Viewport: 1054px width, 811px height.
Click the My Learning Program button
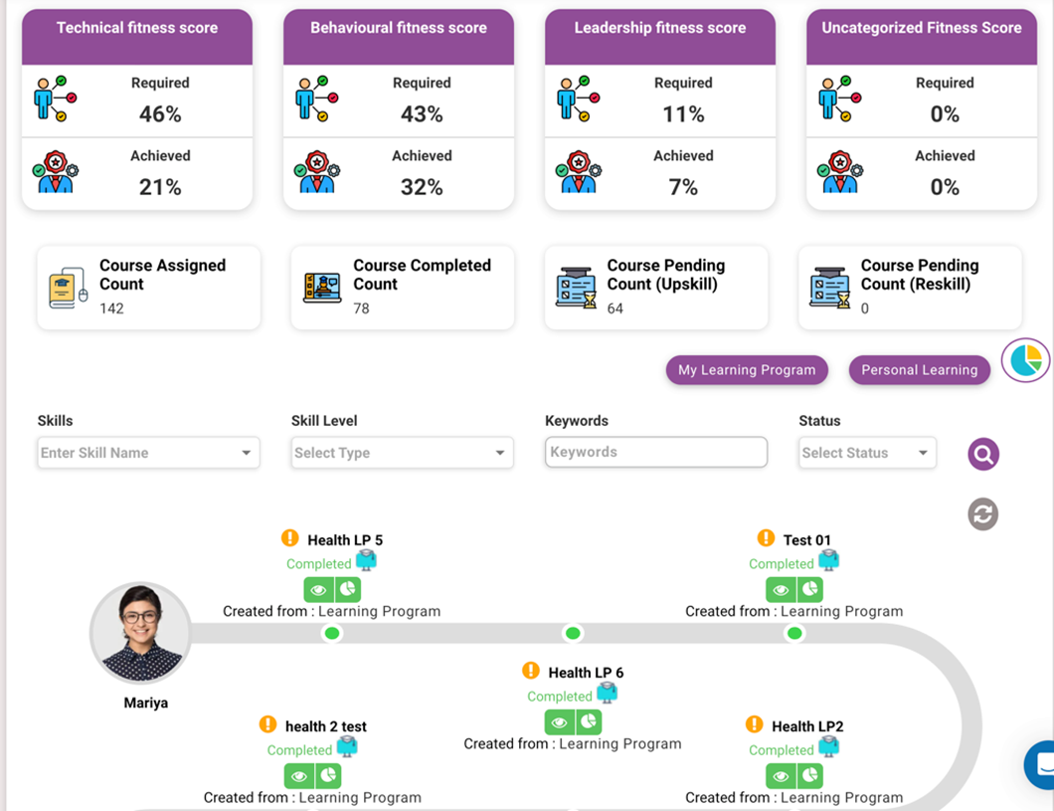click(747, 370)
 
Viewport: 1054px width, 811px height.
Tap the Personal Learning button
click(919, 370)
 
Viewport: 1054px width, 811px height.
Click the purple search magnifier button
click(983, 455)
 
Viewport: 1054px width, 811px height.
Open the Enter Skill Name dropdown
click(148, 453)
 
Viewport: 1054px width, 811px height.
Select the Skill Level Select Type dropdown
click(402, 453)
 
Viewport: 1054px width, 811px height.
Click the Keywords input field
click(656, 452)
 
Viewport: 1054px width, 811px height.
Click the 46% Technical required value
click(160, 114)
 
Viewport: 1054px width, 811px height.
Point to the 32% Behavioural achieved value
click(422, 187)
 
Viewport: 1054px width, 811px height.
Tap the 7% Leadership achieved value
click(683, 187)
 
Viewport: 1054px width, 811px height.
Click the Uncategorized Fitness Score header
click(921, 28)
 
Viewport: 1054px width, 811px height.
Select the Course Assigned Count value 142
click(111, 308)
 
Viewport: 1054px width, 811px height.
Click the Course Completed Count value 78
click(361, 308)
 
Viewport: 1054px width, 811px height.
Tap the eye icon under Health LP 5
click(318, 589)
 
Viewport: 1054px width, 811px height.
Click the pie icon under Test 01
click(810, 589)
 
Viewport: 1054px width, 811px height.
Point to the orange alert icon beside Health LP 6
click(531, 672)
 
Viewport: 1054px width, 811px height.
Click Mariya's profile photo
click(140, 633)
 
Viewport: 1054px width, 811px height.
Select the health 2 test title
click(326, 726)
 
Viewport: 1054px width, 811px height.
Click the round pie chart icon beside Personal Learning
click(1026, 359)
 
